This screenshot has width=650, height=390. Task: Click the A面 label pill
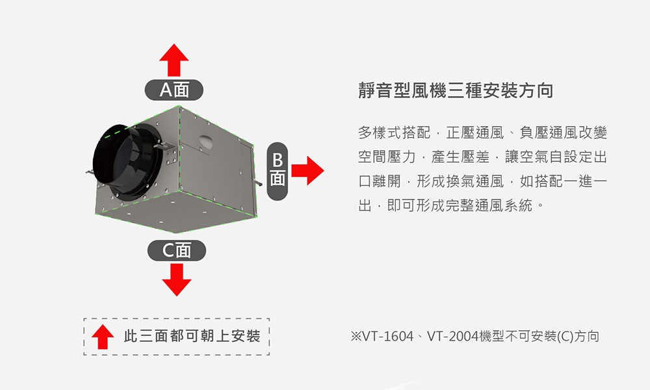point(174,90)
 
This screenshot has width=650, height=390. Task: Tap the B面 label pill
point(278,171)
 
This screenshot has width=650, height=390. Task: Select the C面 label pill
point(177,250)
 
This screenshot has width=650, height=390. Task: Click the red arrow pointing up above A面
point(174,60)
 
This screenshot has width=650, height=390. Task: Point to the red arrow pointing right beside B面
point(307,170)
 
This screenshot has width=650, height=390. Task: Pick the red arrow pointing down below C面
point(177,279)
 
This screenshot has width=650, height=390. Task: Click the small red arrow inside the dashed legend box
point(103,337)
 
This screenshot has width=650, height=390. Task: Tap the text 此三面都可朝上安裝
point(192,336)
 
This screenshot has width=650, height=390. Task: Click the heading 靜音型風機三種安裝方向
point(456,90)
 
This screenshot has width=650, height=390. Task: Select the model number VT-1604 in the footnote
point(388,336)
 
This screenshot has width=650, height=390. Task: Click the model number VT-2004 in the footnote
point(452,336)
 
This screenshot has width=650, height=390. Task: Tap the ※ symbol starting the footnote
point(356,336)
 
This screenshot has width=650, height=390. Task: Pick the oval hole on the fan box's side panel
point(207,142)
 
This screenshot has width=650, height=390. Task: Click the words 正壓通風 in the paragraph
point(475,133)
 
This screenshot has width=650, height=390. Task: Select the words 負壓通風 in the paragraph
point(548,133)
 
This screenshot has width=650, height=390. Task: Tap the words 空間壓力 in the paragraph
point(387,157)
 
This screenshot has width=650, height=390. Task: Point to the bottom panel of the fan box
point(176,211)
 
